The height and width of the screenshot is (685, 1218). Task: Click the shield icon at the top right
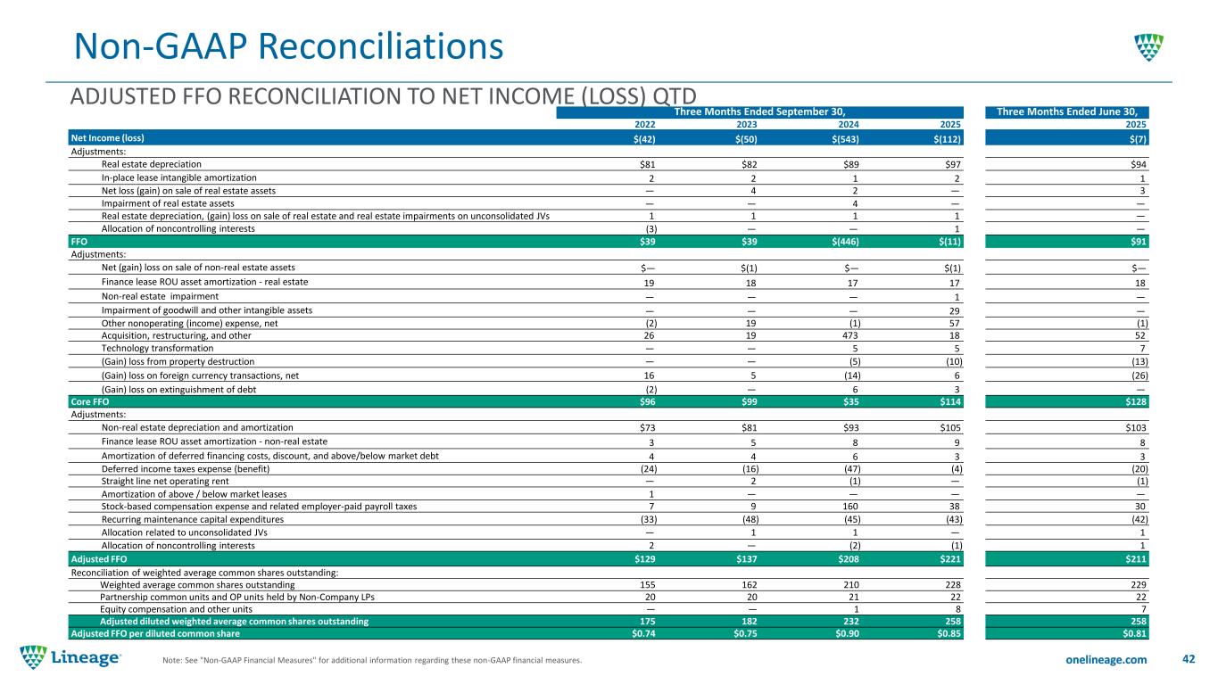click(x=1148, y=46)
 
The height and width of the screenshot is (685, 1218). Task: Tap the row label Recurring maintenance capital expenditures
click(x=193, y=519)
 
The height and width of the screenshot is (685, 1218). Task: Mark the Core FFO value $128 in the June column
click(x=1134, y=402)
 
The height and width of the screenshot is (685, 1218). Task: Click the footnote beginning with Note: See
click(x=370, y=661)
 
